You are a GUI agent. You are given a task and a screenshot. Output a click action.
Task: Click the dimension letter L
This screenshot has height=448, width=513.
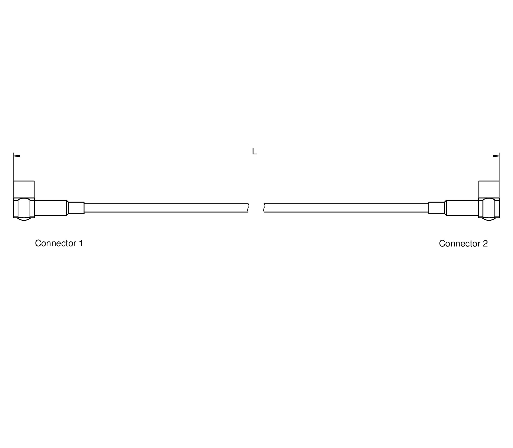[x=254, y=151]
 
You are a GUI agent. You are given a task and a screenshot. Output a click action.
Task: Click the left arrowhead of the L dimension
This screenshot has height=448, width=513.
[x=17, y=156]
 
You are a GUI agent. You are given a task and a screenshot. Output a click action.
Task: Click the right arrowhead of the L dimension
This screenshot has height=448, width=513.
[x=496, y=156]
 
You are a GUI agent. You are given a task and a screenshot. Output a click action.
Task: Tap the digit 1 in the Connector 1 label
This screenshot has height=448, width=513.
[x=81, y=243]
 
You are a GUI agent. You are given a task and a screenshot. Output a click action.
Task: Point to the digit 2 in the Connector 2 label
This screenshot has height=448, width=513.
[x=485, y=244]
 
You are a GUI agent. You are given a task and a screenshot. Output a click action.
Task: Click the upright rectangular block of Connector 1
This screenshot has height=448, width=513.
[x=24, y=190]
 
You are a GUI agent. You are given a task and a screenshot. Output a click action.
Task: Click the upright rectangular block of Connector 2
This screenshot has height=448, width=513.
[x=489, y=190]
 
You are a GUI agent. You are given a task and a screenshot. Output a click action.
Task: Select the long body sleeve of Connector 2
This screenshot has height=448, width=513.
[x=462, y=208]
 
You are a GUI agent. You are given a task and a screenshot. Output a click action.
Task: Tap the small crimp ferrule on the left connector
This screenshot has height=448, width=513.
[x=76, y=208]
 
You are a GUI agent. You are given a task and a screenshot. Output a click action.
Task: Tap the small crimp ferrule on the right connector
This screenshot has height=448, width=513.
[x=437, y=208]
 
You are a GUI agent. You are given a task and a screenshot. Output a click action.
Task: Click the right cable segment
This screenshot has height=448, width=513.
[x=346, y=208]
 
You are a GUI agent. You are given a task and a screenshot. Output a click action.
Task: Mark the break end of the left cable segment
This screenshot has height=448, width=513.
[x=248, y=208]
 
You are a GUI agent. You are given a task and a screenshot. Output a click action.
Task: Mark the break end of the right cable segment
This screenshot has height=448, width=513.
[x=264, y=208]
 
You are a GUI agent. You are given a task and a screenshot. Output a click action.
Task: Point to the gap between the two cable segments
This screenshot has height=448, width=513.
[x=256, y=208]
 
